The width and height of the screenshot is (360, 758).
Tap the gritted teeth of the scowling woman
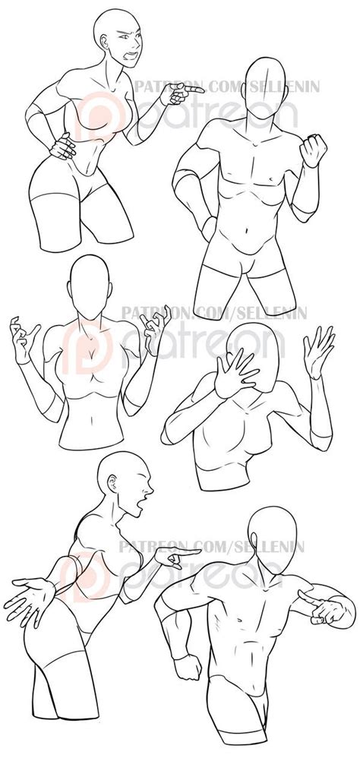click(130, 55)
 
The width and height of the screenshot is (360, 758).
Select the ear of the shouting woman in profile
click(112, 484)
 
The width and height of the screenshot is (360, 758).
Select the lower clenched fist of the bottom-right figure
click(188, 667)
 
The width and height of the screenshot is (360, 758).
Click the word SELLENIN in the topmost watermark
click(284, 87)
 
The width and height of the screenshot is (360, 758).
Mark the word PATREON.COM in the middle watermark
click(167, 313)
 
